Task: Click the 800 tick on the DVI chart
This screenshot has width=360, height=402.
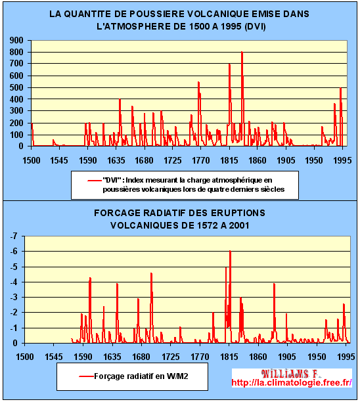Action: (x=16, y=52)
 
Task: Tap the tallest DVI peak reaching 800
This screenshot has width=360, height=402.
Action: (x=242, y=52)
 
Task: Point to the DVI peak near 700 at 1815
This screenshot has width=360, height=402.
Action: (x=229, y=64)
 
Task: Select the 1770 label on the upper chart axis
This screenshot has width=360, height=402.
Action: (x=201, y=160)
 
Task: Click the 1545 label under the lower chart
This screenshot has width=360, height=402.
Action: (x=54, y=357)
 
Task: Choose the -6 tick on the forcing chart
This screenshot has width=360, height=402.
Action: (x=14, y=251)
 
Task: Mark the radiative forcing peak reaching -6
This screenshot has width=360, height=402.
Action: (x=230, y=251)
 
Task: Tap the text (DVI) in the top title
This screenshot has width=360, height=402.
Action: (x=255, y=27)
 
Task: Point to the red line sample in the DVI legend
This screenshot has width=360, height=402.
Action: (x=95, y=181)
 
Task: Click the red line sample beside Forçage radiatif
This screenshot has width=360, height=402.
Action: (x=86, y=376)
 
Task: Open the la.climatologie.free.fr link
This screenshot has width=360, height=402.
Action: (x=292, y=382)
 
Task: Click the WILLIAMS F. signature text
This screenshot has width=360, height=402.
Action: (x=290, y=374)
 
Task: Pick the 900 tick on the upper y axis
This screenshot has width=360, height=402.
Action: (x=16, y=40)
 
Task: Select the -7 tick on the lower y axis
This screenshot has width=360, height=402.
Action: (x=14, y=236)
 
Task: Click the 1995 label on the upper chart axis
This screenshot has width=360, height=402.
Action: (x=342, y=160)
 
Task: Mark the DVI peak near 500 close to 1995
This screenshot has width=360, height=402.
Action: (x=340, y=89)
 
